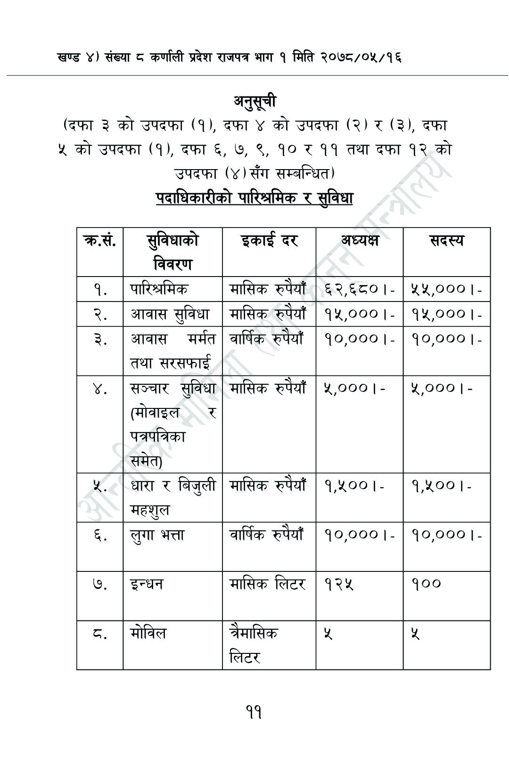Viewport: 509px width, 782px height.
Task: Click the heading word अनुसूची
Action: pos(254,101)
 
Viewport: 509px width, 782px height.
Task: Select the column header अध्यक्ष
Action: pos(360,241)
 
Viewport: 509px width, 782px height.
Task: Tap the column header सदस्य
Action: pos(446,241)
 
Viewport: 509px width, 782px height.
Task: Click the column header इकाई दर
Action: pos(269,241)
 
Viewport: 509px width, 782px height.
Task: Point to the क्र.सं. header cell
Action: pos(100,241)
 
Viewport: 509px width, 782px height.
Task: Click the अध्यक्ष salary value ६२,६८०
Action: pos(359,289)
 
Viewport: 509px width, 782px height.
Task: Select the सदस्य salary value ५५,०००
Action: pos(446,289)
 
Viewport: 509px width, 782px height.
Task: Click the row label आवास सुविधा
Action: pos(170,314)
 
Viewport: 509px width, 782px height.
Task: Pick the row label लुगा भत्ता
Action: pos(157,535)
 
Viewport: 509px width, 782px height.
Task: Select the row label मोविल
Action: pos(148,634)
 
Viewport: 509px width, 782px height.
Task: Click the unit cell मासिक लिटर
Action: pos(267,584)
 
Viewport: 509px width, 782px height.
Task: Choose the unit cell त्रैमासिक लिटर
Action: pos(254,644)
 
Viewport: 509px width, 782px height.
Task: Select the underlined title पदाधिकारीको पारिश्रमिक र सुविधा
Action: pos(254,198)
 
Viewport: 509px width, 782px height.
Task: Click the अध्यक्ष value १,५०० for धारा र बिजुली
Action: pos(353,485)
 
